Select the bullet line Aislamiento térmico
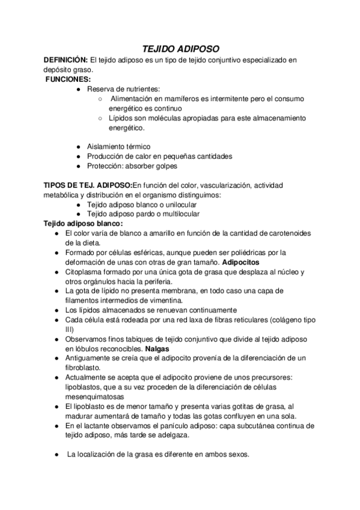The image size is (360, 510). click(118, 146)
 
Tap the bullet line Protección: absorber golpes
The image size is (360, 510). click(132, 165)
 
